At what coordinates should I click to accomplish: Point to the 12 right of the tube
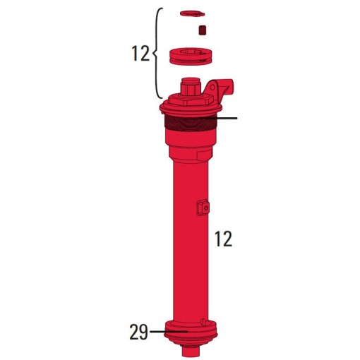(223, 239)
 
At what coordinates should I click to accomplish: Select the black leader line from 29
(167, 330)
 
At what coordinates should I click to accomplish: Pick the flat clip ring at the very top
(191, 13)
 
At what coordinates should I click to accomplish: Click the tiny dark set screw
(202, 30)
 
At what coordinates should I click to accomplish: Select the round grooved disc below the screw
(191, 56)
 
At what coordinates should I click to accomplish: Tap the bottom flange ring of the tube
(191, 333)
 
